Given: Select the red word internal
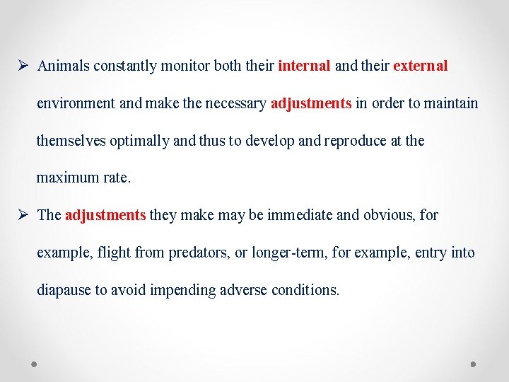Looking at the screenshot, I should coord(304,66).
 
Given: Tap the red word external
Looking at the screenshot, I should coord(420,66).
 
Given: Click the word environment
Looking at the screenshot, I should coord(76,104).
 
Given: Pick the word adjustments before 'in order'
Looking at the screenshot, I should coord(310,104).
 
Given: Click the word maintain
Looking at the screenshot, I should coord(450,104).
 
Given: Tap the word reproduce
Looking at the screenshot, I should coord(355,141).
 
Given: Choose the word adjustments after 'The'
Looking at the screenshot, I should coord(105,215).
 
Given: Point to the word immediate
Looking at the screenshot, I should coord(300,215).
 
